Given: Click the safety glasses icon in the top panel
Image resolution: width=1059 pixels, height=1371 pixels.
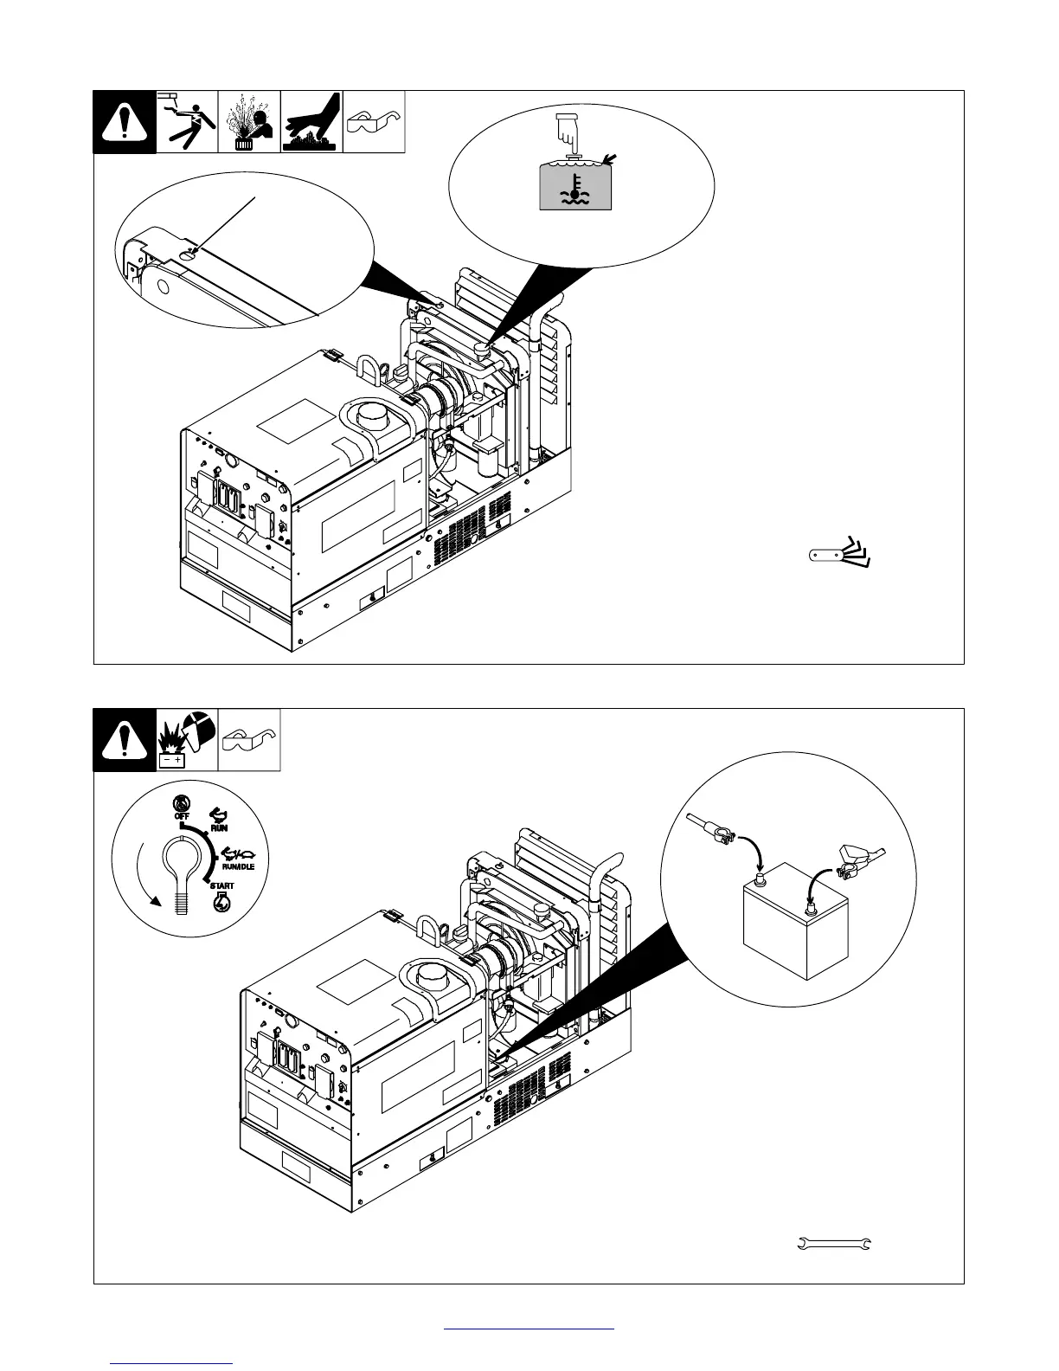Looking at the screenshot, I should click(x=374, y=122).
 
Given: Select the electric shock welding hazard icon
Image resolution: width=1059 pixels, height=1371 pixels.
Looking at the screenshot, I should click(x=187, y=122).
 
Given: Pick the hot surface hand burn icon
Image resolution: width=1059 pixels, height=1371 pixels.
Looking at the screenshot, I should click(x=311, y=122).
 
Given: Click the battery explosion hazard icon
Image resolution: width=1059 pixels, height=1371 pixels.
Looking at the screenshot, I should click(x=187, y=740).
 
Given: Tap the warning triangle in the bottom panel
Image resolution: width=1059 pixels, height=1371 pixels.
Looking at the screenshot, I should click(x=125, y=740).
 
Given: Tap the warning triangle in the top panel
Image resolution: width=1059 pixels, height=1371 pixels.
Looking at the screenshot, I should click(x=125, y=122).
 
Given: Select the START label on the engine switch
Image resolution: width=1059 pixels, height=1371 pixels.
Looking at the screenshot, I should click(x=220, y=886).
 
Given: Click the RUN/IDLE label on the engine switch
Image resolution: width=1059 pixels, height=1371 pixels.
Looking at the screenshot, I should click(x=237, y=866).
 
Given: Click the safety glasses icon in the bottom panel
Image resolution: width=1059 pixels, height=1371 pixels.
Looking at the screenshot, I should click(x=249, y=740).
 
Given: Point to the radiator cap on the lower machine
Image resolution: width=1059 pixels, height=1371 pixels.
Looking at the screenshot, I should click(x=542, y=911).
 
